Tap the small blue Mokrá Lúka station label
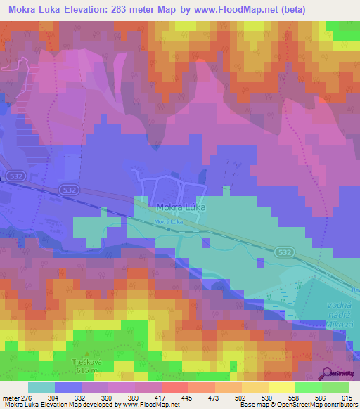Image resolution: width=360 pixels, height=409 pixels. (x=169, y=223)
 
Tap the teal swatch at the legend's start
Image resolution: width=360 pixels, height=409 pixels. (x=41, y=388)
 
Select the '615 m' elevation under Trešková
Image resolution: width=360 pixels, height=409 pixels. (x=87, y=371)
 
